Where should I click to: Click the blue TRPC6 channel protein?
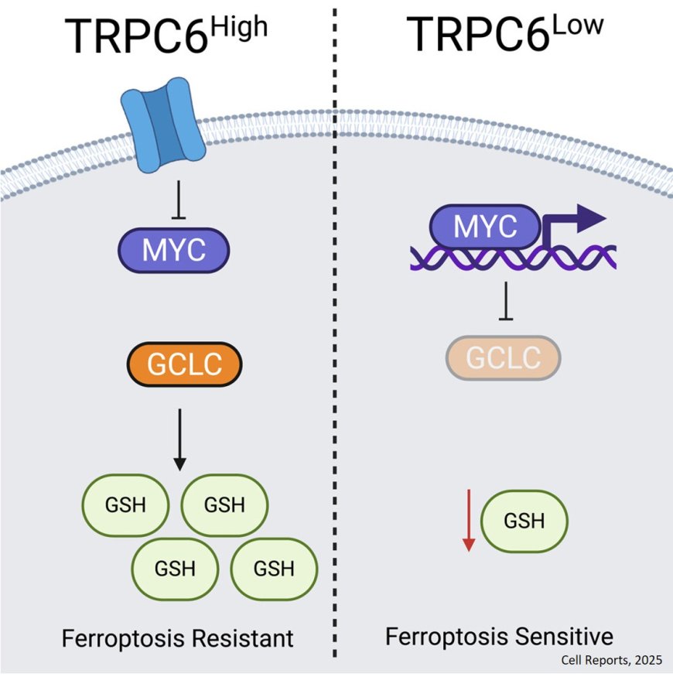point(162,128)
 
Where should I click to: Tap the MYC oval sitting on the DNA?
point(484,227)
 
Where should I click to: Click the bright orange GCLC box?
point(184,364)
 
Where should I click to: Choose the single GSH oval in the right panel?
point(524,521)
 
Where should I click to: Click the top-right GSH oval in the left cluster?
point(224,506)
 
